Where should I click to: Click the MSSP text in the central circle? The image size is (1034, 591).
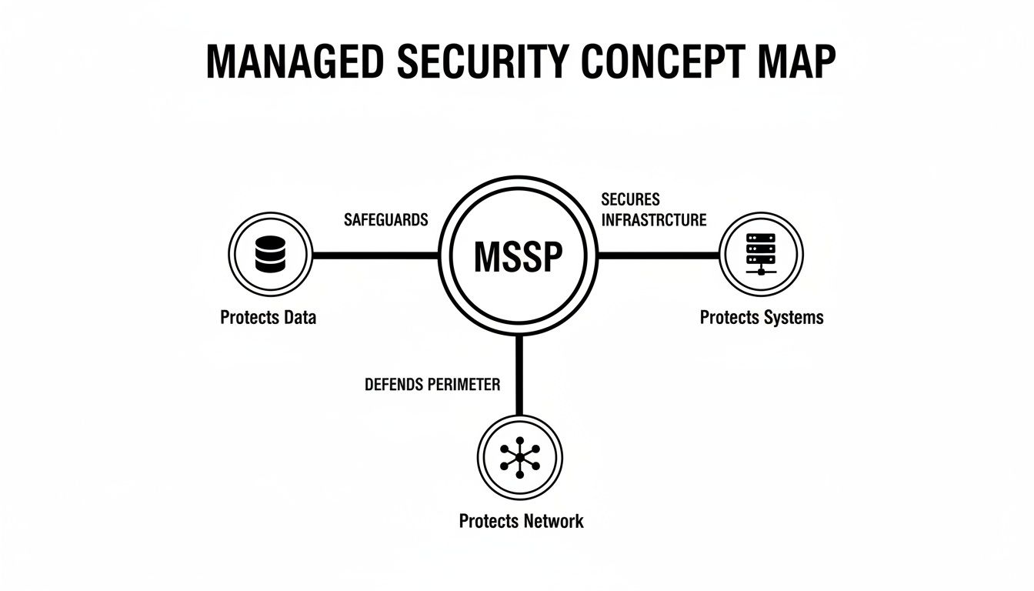[x=519, y=256]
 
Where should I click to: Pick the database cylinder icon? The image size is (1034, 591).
[x=270, y=255]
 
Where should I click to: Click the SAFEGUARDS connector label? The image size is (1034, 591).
[x=385, y=220]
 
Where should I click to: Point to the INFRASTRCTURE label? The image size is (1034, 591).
[x=653, y=221]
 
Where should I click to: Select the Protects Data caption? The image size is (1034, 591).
[x=268, y=317]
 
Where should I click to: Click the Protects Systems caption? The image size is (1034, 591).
[x=761, y=317]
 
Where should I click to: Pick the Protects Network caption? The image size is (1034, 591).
[x=521, y=521]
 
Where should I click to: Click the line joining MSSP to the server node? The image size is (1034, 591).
[x=659, y=255]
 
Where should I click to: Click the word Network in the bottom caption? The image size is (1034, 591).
[x=552, y=521]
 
